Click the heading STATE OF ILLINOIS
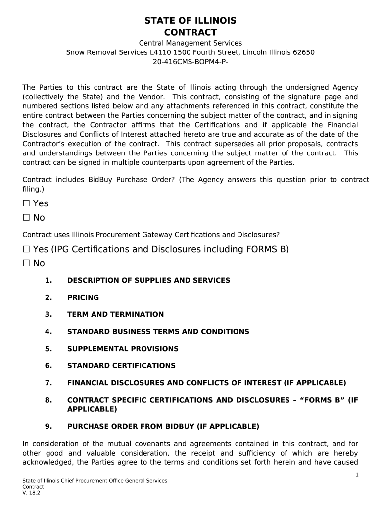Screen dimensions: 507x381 coord(190,21)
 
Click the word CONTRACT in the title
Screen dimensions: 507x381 coord(190,33)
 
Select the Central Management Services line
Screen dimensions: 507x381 coord(190,43)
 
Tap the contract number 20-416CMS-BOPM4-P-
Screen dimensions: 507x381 coord(190,62)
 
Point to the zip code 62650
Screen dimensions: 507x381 coord(303,52)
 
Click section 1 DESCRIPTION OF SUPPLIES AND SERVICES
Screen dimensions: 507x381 coord(148,280)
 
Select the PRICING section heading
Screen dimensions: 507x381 coord(83,298)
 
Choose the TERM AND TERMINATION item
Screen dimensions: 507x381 coord(115,314)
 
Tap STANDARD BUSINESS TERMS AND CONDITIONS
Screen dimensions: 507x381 coord(158,332)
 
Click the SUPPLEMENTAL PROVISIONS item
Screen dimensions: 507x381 coord(123,349)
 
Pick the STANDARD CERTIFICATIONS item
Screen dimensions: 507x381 coord(121,366)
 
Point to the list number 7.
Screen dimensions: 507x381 coord(48,383)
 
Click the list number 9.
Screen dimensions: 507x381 coord(48,426)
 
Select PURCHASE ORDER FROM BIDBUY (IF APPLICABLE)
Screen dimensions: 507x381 coord(163,426)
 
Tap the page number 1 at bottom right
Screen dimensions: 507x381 coord(357,475)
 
